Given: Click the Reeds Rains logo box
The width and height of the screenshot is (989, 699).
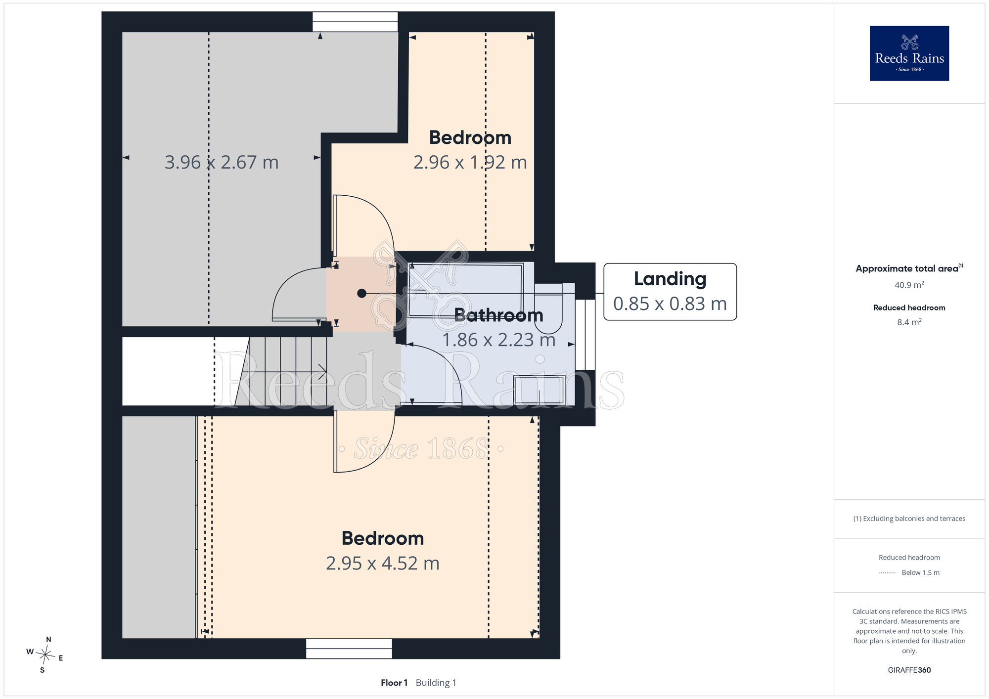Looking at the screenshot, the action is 909,53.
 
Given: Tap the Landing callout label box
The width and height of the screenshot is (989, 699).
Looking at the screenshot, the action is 670,292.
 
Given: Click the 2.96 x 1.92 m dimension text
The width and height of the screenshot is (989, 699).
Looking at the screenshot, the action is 470,162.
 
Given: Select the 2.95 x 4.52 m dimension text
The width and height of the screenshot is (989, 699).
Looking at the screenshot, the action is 383,563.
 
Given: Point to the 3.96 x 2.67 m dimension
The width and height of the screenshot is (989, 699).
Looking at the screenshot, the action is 222,162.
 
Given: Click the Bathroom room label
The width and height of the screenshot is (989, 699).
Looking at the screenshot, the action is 498,315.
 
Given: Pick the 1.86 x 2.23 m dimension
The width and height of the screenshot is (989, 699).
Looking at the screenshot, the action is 498,340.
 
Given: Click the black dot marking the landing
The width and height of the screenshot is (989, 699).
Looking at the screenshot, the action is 362,293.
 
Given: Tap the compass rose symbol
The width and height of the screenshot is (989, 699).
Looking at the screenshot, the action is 45,655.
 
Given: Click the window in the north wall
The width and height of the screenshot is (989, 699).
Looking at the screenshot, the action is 355,22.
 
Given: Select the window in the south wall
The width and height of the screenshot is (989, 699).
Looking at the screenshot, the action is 349,649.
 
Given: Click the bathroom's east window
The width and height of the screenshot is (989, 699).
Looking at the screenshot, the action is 585,335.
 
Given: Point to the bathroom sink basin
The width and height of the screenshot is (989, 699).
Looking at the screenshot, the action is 539,390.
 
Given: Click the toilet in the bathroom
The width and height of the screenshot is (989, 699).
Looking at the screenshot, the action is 548,308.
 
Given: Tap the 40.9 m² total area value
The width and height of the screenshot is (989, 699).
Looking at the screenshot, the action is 909,285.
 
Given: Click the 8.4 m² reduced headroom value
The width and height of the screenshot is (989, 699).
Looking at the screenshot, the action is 909,322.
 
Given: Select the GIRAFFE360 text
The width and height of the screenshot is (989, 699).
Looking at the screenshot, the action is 909,670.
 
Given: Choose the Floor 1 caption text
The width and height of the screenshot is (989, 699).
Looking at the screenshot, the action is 394,683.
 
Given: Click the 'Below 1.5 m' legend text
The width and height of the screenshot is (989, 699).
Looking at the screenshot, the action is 921,572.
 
